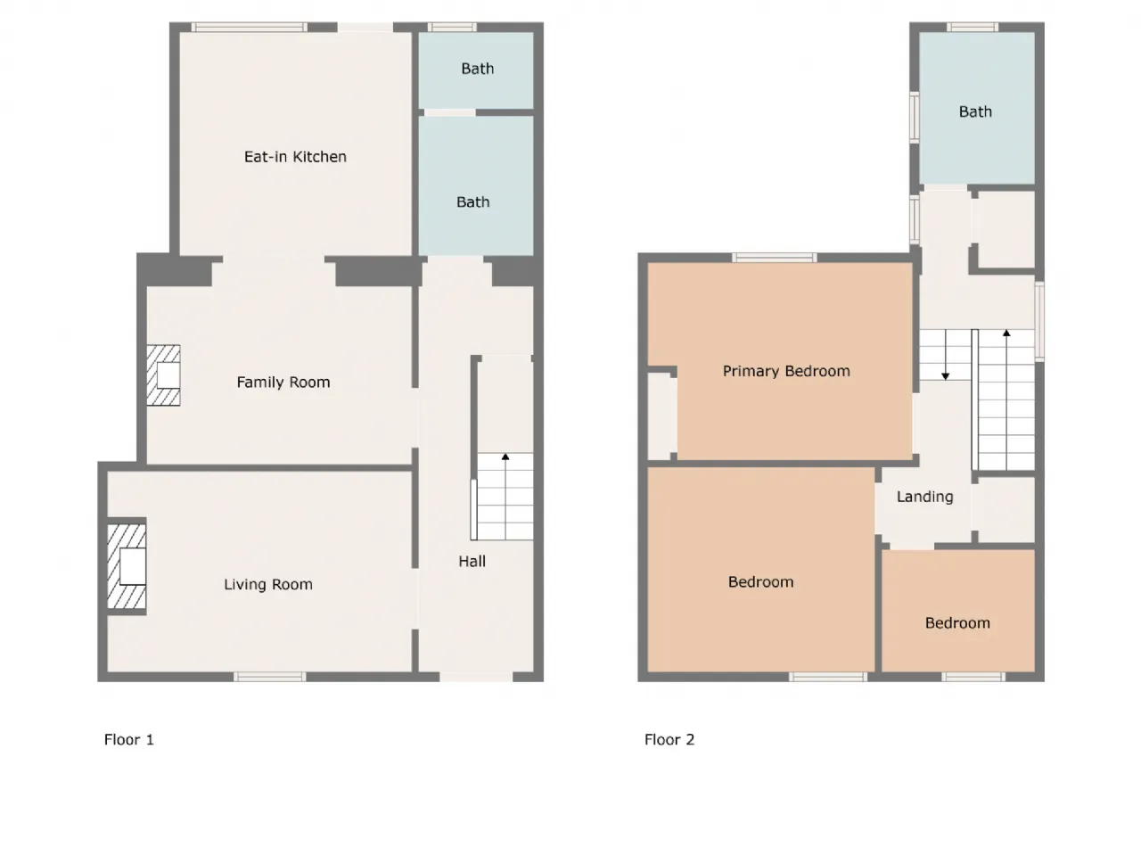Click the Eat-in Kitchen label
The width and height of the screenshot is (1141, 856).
[295, 156]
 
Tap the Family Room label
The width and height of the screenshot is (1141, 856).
[283, 383]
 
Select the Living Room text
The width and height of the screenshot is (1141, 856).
[268, 585]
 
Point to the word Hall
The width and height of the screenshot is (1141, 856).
[472, 562]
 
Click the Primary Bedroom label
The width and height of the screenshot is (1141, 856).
[786, 371]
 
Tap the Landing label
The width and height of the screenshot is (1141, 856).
[924, 497]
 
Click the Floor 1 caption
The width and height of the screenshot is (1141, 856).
[129, 739]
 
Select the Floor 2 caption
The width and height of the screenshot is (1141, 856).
[669, 739]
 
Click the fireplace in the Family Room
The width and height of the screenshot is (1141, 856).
[163, 375]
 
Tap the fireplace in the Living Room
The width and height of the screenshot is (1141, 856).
[127, 566]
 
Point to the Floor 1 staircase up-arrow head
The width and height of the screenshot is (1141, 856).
[505, 457]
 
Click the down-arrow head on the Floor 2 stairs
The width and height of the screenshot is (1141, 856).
[946, 375]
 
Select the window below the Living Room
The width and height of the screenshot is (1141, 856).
[270, 677]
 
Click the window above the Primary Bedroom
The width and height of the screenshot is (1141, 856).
[775, 258]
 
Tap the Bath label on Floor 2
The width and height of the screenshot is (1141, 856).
[975, 111]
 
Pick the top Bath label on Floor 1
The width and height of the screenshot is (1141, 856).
[477, 69]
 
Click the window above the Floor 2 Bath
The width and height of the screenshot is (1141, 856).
[972, 27]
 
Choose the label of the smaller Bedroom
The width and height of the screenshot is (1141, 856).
[957, 623]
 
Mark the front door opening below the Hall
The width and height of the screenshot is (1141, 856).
[476, 677]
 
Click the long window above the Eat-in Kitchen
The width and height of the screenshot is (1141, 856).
[250, 27]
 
